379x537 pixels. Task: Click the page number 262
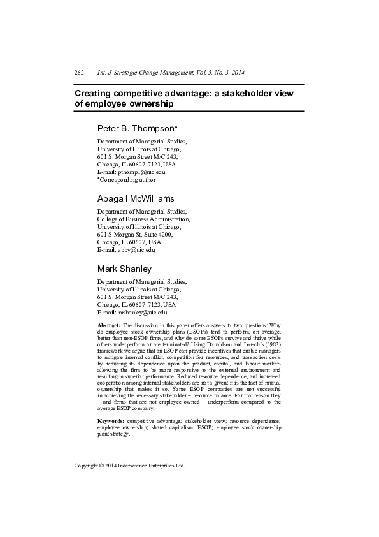click(80, 73)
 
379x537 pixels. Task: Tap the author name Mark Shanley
click(125, 268)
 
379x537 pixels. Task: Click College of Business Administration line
click(143, 219)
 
